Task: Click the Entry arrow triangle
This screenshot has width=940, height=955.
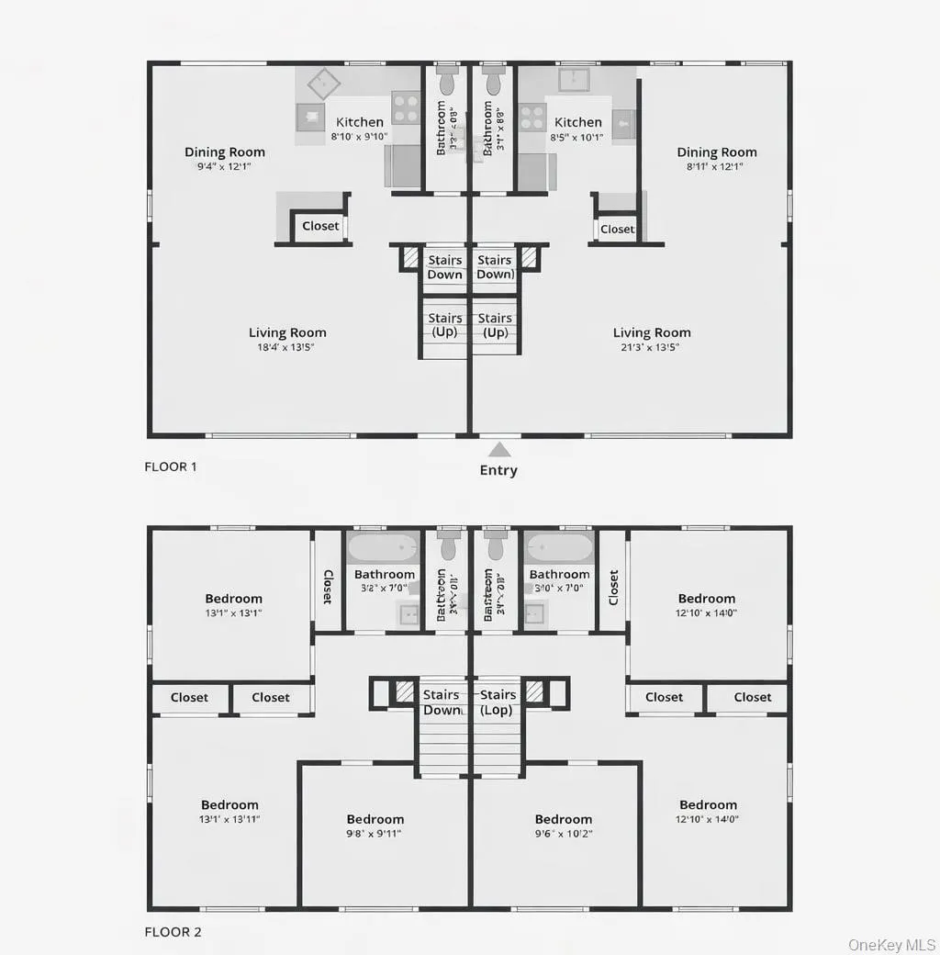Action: [x=498, y=450]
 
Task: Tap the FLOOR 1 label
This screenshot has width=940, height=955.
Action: [x=171, y=466]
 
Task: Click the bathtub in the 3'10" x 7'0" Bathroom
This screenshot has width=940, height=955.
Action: [x=559, y=548]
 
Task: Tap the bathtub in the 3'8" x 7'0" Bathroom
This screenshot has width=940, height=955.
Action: [x=383, y=548]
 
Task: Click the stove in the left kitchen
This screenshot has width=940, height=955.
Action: [x=405, y=107]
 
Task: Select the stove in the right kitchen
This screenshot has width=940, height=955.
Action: [x=532, y=117]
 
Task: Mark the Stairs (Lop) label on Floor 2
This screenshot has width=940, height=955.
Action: [x=498, y=702]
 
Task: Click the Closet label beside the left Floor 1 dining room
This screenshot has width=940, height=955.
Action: [x=320, y=226]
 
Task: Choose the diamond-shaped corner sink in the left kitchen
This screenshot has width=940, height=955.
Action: [x=323, y=84]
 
